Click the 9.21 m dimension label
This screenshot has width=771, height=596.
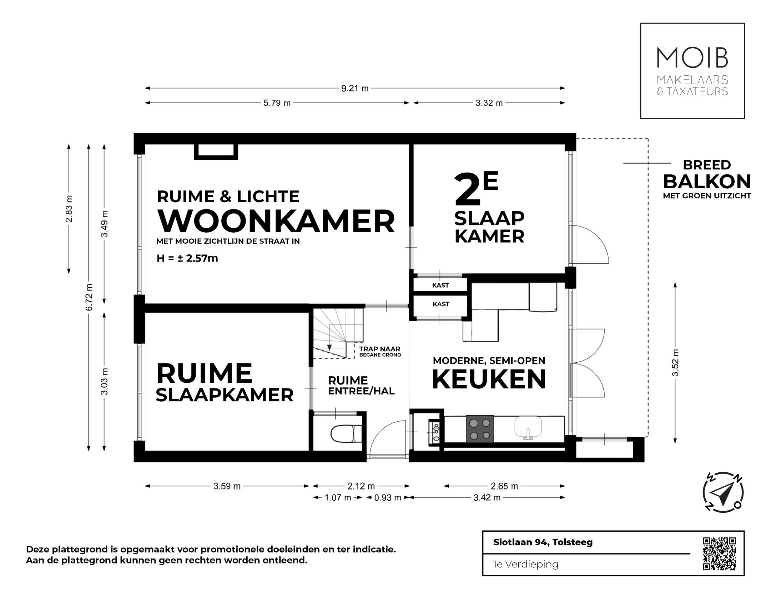coord(354,88)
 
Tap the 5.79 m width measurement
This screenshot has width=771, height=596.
coord(277,103)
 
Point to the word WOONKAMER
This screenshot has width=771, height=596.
coord(276,222)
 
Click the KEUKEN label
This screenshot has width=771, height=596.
coord(489,380)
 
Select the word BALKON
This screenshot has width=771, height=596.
coord(707,182)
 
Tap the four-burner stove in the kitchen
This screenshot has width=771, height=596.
coord(480,429)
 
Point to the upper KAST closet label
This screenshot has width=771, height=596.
coord(440,285)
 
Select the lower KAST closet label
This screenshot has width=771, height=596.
coord(440,304)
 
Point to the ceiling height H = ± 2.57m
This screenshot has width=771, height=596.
coord(187,258)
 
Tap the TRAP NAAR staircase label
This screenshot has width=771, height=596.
coord(380,349)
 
